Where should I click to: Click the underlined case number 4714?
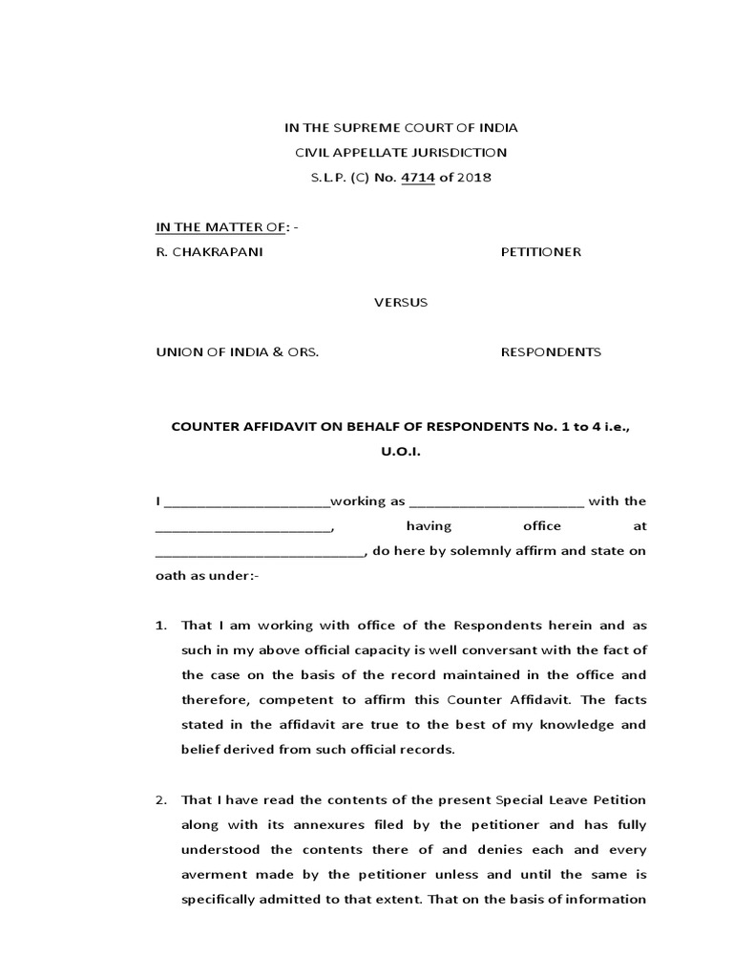(x=416, y=178)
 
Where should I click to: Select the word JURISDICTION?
(x=455, y=153)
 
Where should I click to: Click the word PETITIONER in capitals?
(x=541, y=252)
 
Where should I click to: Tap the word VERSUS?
(x=400, y=302)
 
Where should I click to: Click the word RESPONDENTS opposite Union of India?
(x=551, y=351)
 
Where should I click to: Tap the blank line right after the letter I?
(x=247, y=503)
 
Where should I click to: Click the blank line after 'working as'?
(x=497, y=503)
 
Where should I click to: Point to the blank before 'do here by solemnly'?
(x=259, y=553)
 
